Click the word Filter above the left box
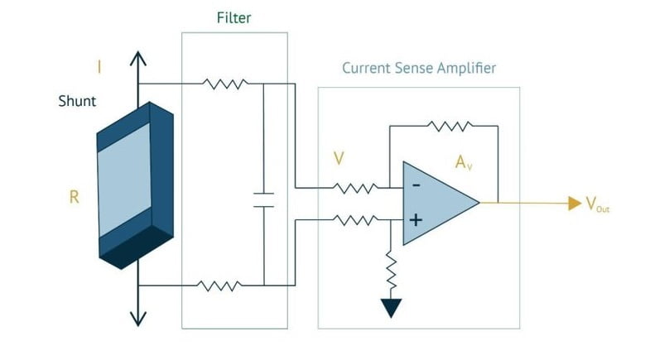click(234, 17)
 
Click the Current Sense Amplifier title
click(419, 68)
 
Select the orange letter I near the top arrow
click(99, 67)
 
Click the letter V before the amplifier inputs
click(338, 157)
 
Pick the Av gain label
click(464, 162)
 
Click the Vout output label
click(598, 204)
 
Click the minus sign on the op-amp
click(416, 185)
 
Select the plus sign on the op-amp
click(416, 221)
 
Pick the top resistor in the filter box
click(224, 83)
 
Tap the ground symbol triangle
click(392, 308)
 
